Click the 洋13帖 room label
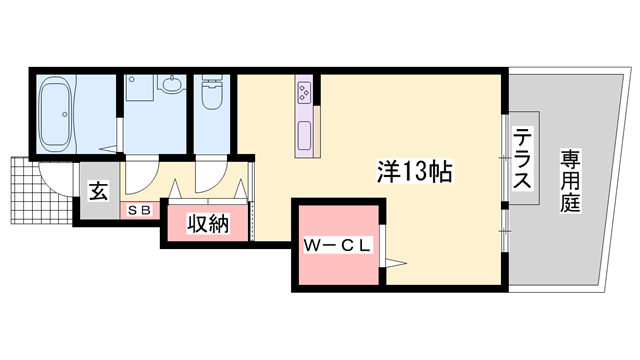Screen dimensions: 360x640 [415, 172]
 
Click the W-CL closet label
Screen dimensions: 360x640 [337, 245]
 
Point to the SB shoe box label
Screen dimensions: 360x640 [139, 211]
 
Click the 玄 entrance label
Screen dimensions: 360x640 [100, 190]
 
